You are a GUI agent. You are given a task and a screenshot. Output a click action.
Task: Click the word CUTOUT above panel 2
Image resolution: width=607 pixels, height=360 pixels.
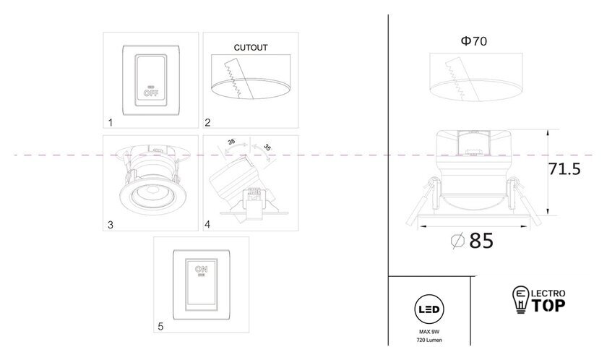pyautogui.click(x=251, y=48)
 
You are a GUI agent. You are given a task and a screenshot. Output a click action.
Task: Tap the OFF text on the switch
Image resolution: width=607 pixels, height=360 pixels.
pyautogui.click(x=151, y=93)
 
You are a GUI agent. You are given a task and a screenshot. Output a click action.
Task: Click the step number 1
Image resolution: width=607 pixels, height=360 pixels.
pyautogui.click(x=111, y=123)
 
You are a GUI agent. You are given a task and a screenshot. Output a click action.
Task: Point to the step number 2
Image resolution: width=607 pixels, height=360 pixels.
pyautogui.click(x=207, y=123)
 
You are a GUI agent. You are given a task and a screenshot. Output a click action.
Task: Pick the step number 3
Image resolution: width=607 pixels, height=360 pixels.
pyautogui.click(x=111, y=225)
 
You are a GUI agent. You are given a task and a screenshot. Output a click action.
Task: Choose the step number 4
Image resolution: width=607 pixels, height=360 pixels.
pyautogui.click(x=207, y=225)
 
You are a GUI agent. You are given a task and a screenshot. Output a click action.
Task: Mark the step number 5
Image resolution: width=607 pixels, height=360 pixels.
pyautogui.click(x=160, y=326)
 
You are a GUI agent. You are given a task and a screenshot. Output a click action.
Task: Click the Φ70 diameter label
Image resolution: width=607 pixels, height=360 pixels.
pyautogui.click(x=474, y=41)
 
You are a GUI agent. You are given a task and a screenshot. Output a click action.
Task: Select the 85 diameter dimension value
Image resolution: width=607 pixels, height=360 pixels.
pyautogui.click(x=481, y=241)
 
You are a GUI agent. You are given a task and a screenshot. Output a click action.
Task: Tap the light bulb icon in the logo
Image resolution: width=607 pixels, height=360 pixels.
pyautogui.click(x=520, y=299)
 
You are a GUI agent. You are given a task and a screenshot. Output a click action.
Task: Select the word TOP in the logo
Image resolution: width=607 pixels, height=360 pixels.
pyautogui.click(x=549, y=305)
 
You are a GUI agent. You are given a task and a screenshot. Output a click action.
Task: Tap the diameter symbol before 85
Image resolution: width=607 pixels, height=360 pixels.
pyautogui.click(x=457, y=242)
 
